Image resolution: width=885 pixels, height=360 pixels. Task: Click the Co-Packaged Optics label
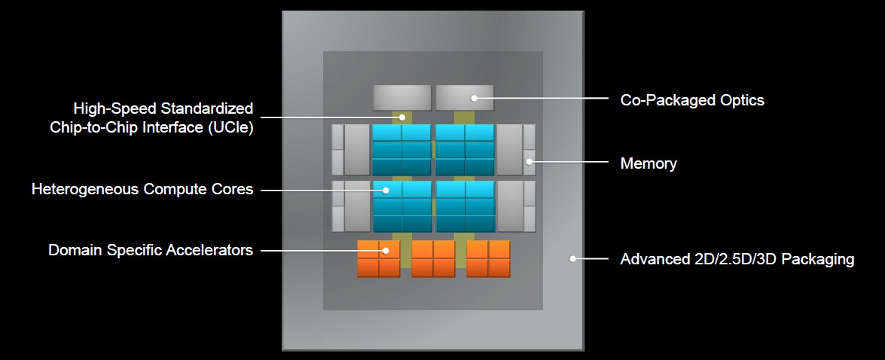pyautogui.click(x=691, y=99)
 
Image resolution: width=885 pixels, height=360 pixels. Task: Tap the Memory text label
pyautogui.click(x=648, y=163)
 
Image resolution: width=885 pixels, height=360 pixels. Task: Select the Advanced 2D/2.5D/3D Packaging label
pyautogui.click(x=737, y=260)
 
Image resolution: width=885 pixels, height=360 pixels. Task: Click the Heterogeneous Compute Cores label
pyautogui.click(x=142, y=189)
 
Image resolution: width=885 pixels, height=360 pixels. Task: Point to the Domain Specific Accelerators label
pyautogui.click(x=151, y=250)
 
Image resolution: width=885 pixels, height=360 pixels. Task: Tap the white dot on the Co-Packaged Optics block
pyautogui.click(x=474, y=97)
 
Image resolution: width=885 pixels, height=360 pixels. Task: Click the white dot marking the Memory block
pyautogui.click(x=529, y=161)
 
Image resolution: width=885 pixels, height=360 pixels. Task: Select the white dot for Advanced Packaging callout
pyautogui.click(x=572, y=258)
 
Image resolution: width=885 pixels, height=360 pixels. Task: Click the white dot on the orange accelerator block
pyautogui.click(x=386, y=250)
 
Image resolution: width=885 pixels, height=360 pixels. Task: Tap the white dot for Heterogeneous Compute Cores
pyautogui.click(x=386, y=190)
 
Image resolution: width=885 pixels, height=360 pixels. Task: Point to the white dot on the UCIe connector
pyautogui.click(x=403, y=117)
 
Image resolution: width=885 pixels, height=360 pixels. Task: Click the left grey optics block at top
pyautogui.click(x=402, y=98)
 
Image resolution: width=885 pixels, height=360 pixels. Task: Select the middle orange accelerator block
pyautogui.click(x=433, y=259)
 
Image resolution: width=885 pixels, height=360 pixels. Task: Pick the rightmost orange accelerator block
pyautogui.click(x=488, y=259)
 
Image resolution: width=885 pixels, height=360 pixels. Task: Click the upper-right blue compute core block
pyautogui.click(x=465, y=150)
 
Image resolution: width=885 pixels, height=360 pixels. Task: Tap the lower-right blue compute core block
pyautogui.click(x=465, y=206)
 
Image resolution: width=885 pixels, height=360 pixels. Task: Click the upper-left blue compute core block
pyautogui.click(x=401, y=150)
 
